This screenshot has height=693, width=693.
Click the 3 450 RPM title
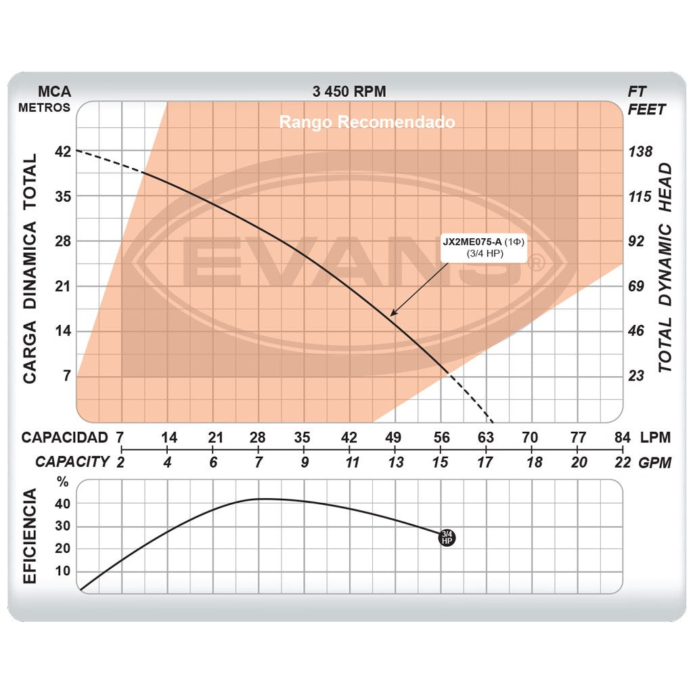tap(349, 91)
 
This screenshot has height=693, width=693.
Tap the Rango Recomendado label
tap(367, 122)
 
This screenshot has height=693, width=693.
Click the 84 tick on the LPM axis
tap(623, 437)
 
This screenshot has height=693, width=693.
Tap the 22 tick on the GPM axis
tap(623, 462)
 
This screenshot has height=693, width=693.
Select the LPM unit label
tap(655, 437)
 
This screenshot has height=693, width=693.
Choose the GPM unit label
tap(655, 462)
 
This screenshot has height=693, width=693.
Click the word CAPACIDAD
tap(65, 437)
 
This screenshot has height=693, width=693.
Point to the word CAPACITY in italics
tap(72, 462)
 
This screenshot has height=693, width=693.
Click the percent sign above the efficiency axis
tap(63, 483)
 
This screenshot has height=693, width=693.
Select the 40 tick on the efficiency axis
tap(62, 504)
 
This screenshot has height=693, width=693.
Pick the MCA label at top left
tap(54, 91)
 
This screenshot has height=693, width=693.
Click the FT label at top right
tap(638, 91)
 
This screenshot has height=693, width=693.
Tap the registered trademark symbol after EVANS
tap(536, 264)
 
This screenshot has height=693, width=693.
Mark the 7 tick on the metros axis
tap(66, 376)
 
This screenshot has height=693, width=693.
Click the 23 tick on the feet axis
tap(638, 376)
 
